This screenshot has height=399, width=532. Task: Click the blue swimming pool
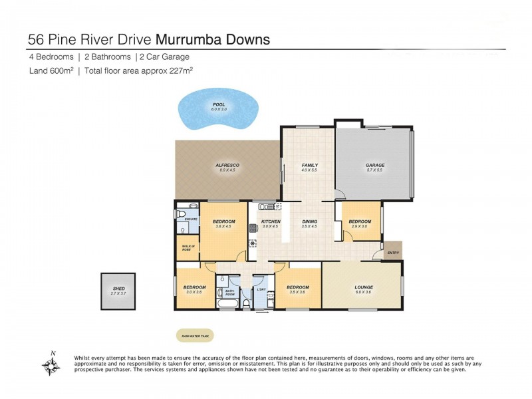[x=217, y=112]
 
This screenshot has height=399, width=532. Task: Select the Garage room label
[x=375, y=165]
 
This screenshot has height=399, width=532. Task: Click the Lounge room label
[x=363, y=287]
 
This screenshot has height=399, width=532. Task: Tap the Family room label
[x=309, y=165]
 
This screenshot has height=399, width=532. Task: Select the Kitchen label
[x=271, y=221]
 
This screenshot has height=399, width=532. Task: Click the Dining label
[x=309, y=221]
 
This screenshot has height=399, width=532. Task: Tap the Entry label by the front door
[x=393, y=252]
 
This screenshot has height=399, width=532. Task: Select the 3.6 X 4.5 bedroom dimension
[x=223, y=227]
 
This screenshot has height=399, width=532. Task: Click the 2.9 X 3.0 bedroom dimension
[x=360, y=227]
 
